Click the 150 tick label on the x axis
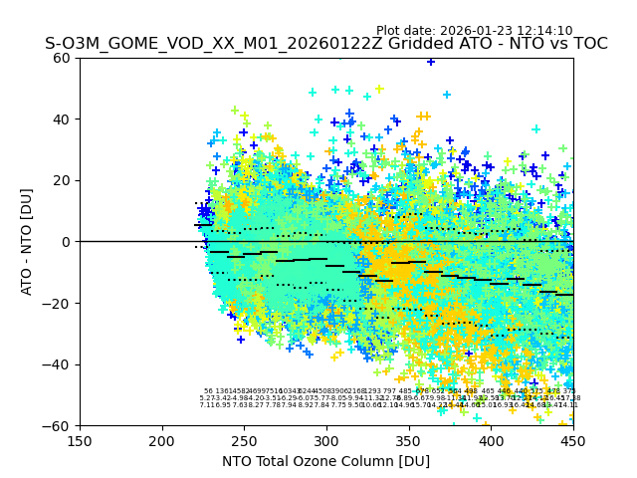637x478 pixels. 80,441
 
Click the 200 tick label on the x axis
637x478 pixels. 162,441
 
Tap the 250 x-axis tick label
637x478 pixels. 244,441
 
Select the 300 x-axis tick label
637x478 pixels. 326,441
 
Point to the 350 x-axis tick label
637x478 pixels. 409,441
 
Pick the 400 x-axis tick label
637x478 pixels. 491,441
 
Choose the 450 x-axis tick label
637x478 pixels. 573,441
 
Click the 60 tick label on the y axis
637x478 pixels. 63,58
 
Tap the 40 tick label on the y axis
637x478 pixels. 63,119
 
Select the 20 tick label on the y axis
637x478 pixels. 63,180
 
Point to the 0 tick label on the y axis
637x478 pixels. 67,242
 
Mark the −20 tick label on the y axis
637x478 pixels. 59,303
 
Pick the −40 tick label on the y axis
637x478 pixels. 59,364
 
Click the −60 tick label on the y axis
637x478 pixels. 59,426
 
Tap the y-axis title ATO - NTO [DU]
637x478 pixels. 28,242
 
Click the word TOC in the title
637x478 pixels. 587,44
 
